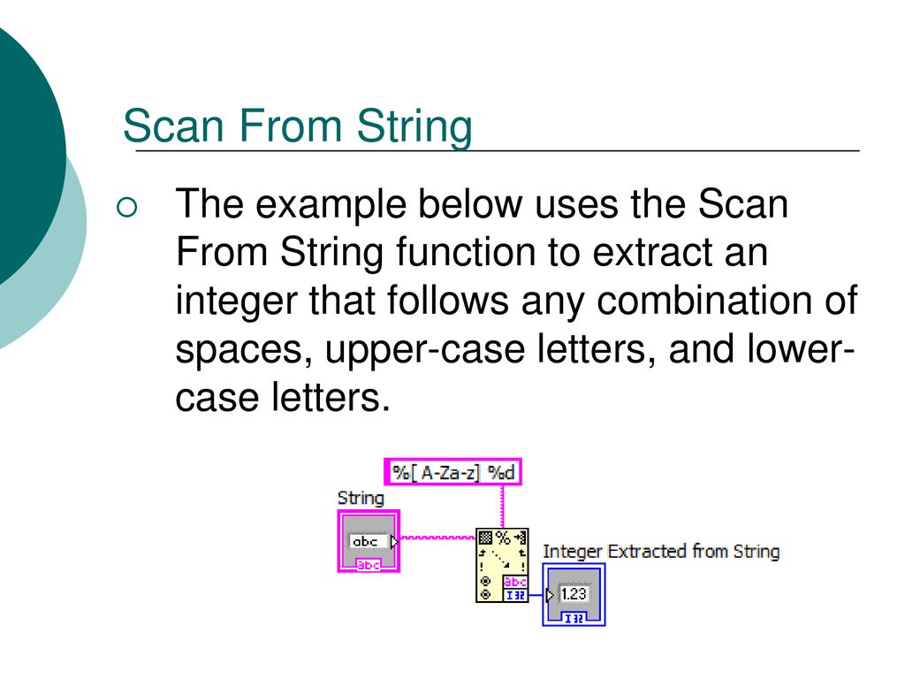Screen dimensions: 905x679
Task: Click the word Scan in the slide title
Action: [173, 126]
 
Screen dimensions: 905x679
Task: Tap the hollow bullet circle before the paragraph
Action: [127, 207]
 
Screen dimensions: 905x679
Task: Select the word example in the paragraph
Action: [331, 205]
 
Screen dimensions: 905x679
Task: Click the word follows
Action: [447, 301]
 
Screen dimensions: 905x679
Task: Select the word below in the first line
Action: [470, 204]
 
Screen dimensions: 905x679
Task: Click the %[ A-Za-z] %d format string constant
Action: [453, 472]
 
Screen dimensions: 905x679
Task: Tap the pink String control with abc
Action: [369, 541]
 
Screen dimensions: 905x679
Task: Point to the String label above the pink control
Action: [361, 499]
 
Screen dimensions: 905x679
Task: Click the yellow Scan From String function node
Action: [502, 565]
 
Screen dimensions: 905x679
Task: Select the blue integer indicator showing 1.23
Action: [574, 595]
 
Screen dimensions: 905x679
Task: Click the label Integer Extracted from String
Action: [661, 552]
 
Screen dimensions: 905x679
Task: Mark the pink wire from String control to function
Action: [437, 538]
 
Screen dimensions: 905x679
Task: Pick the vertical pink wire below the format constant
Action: [502, 507]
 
